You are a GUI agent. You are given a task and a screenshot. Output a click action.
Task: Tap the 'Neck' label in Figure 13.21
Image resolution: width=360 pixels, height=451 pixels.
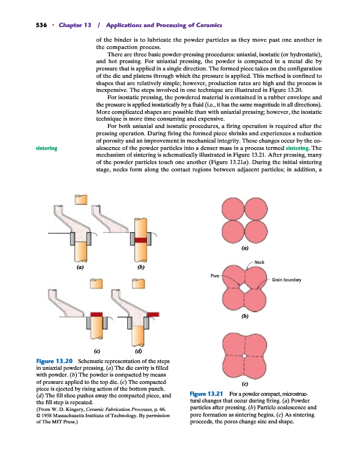click(260, 262)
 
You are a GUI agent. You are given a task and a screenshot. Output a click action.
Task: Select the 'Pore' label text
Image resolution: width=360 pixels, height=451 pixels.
click(214, 276)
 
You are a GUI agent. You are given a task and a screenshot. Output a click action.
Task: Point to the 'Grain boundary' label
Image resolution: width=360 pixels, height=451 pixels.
click(287, 280)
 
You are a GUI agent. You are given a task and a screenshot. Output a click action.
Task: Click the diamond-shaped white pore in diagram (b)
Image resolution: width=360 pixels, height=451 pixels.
click(244, 287)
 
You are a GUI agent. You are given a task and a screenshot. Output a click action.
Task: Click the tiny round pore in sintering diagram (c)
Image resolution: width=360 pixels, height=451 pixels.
click(244, 356)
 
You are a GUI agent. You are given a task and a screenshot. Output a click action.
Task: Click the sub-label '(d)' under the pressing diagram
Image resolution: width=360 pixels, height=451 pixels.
click(138, 351)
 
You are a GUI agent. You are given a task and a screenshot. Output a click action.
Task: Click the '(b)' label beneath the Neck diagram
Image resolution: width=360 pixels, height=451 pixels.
click(244, 317)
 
